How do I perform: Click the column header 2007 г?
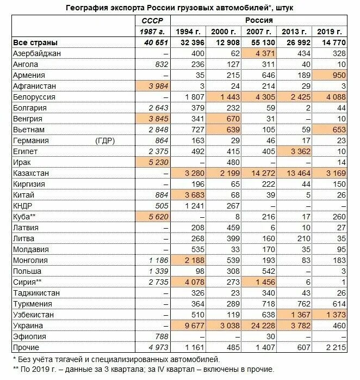point(258,32)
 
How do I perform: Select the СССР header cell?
point(152,21)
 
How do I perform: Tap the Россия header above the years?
point(259,20)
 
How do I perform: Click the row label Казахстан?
point(31,173)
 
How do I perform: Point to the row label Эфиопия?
point(29,336)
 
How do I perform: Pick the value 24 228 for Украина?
point(263,326)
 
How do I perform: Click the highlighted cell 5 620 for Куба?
point(158,217)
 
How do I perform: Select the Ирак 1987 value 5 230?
point(158,162)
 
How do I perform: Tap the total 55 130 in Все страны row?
point(263,42)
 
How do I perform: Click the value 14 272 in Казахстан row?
point(263,173)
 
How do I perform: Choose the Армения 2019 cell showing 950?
point(339,75)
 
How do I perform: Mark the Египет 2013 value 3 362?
point(300,151)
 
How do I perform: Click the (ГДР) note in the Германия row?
point(105,140)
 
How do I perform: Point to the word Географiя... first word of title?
point(86,8)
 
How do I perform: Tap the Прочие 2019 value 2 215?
point(336,347)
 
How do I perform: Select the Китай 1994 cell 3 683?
point(195,195)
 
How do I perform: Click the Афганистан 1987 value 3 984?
point(158,86)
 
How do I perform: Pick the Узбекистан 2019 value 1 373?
point(336,315)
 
